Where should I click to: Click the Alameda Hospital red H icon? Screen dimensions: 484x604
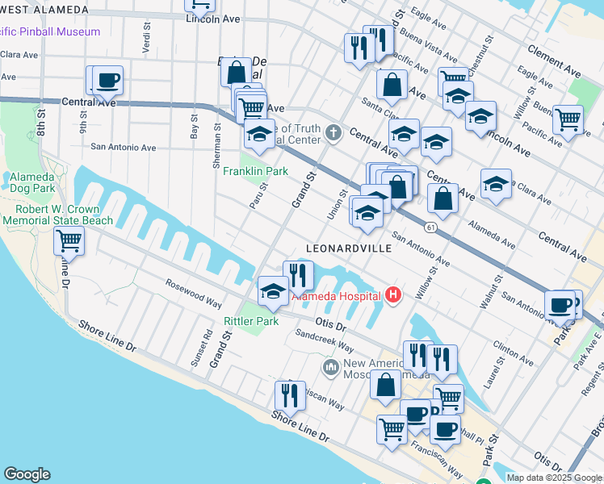[x=393, y=296]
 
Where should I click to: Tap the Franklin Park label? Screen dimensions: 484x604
[x=255, y=171]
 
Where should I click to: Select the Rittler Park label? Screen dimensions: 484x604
[x=251, y=321]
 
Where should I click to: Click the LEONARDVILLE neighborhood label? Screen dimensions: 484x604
[x=349, y=248]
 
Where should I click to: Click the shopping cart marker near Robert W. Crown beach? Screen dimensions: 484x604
[x=69, y=240]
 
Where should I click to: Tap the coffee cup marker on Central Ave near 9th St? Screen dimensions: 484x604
[x=107, y=81]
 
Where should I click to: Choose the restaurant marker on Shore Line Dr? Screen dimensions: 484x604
[x=289, y=395]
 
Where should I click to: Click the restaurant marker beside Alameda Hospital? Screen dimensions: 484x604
[x=298, y=275]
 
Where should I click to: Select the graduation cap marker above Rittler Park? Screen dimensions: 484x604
[x=273, y=291]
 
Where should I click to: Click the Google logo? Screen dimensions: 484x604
[x=27, y=474]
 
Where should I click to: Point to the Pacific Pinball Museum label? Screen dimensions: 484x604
[x=50, y=31]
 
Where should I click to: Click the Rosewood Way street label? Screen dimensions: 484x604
[x=193, y=294]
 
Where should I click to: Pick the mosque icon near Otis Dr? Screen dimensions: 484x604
[x=329, y=368]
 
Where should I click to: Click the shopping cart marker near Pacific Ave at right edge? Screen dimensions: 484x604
[x=568, y=119]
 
